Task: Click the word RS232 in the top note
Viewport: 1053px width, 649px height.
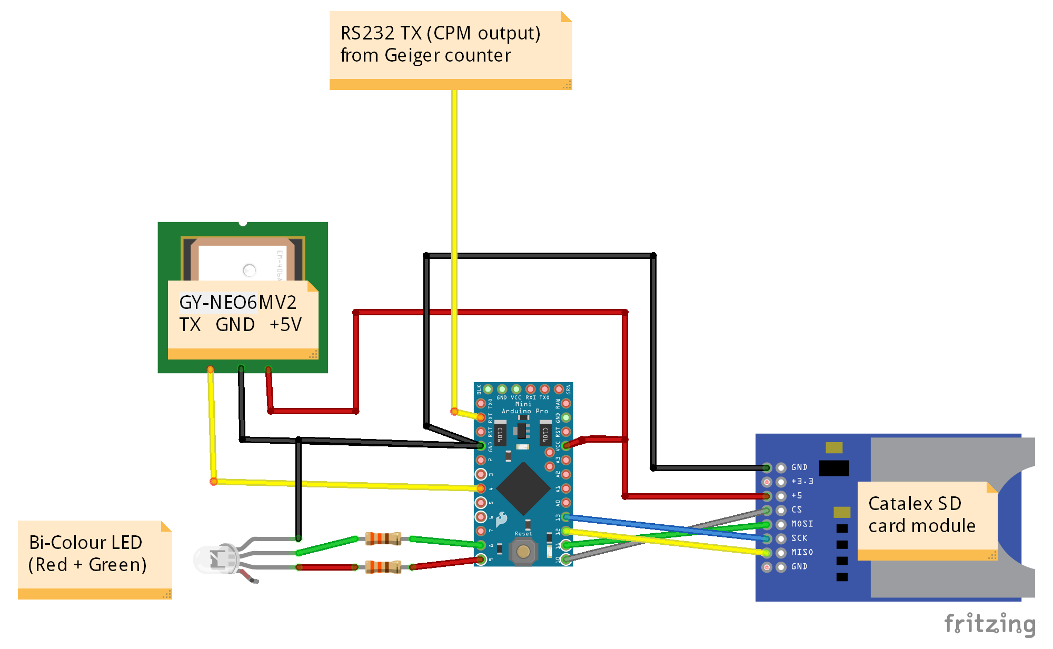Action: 367,34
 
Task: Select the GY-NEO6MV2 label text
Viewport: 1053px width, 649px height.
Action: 237,303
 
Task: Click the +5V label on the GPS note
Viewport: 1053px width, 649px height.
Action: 285,325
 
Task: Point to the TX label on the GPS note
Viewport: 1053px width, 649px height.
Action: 190,325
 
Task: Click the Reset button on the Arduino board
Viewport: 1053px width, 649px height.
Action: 523,551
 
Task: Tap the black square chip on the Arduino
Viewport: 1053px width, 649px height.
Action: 523,489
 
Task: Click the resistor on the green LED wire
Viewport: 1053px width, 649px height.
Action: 383,538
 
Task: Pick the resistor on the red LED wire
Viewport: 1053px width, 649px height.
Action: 383,567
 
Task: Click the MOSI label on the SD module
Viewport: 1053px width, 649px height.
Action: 802,524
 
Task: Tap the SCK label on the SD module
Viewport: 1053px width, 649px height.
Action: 799,538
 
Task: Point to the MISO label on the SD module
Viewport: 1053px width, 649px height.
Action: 802,552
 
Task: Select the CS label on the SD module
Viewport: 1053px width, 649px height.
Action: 797,510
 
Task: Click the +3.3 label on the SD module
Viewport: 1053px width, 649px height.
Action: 802,481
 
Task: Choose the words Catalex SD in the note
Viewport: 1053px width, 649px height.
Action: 915,504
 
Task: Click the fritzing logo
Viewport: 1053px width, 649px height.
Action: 989,624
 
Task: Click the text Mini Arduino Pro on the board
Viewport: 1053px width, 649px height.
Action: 524,408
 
